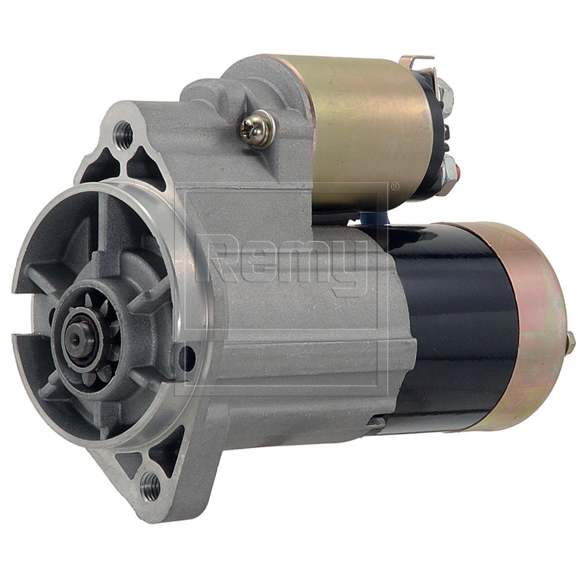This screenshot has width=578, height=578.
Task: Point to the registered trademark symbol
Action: tap(395, 187)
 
